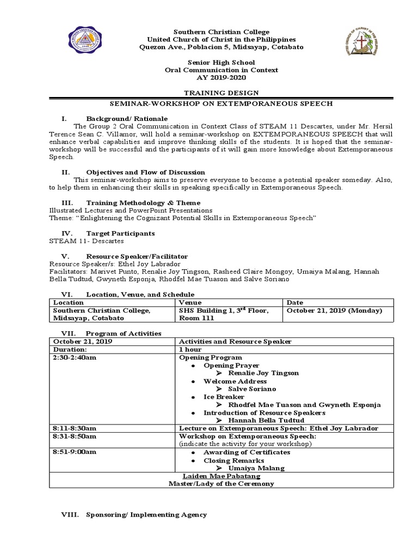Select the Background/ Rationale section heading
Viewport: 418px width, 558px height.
[x=127, y=118]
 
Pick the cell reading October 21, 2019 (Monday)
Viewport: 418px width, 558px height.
[x=334, y=311]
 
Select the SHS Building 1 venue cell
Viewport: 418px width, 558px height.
[x=224, y=314]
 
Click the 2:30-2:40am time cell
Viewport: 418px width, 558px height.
[x=75, y=357]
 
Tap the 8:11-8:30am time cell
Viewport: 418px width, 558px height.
[x=75, y=429]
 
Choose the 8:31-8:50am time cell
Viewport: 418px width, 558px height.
[x=75, y=437]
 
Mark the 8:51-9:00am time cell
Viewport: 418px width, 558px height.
[x=75, y=452]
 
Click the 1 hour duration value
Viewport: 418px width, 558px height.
[x=190, y=349]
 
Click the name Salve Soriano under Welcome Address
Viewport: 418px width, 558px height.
[x=252, y=389]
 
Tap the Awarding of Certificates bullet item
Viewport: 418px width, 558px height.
[x=247, y=452]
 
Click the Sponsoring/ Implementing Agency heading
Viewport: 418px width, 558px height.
[x=146, y=514]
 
